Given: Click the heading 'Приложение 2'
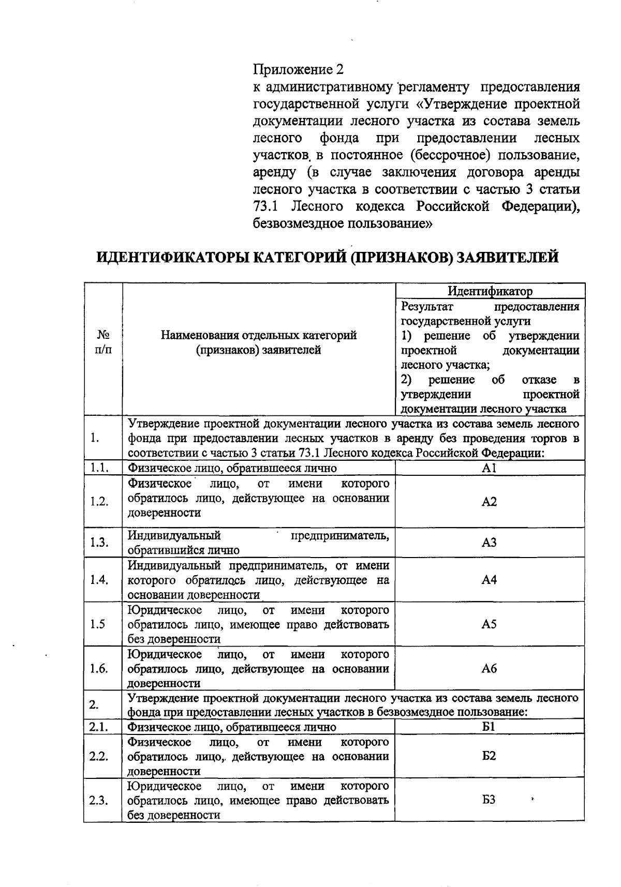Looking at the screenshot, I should click(298, 69).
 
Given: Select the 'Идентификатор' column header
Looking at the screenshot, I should click(490, 291).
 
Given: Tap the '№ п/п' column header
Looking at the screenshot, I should click(103, 342).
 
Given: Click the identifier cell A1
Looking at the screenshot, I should click(489, 468).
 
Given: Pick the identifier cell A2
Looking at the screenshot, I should click(489, 502).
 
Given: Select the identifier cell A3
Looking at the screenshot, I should click(489, 542).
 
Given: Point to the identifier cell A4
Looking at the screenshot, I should click(489, 580).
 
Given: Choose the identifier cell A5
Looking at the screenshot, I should click(489, 624).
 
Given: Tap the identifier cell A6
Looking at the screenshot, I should click(489, 669).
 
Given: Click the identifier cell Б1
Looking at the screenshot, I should click(489, 727).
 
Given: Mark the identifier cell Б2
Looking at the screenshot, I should click(489, 756).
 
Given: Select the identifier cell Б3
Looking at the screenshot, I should click(489, 800).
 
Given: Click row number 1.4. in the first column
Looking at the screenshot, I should click(99, 580).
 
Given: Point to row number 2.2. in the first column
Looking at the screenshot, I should click(98, 756).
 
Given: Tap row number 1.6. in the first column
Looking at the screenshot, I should click(99, 669).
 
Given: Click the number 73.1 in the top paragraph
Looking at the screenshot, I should click(266, 206).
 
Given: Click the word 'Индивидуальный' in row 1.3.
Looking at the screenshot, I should click(174, 535).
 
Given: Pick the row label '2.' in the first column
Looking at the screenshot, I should click(94, 704).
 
